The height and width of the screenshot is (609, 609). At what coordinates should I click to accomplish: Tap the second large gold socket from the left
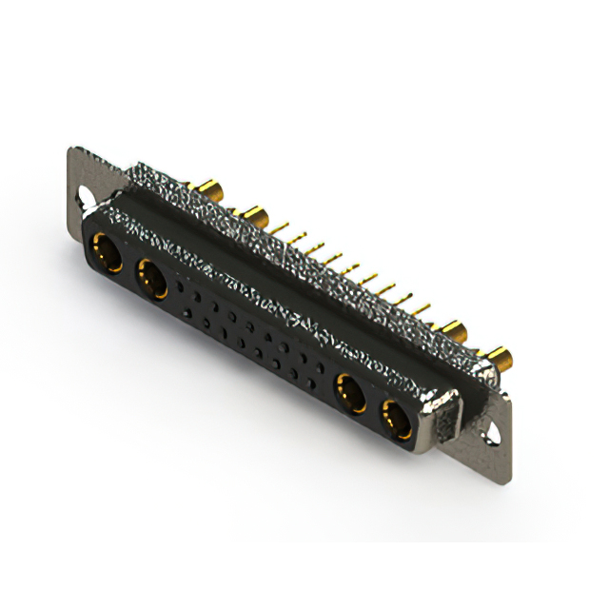click(x=151, y=279)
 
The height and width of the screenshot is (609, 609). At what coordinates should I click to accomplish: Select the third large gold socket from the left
click(x=349, y=392)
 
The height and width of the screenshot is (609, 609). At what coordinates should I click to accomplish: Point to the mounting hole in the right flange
click(x=492, y=433)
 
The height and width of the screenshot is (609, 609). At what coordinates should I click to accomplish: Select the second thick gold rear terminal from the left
click(x=253, y=212)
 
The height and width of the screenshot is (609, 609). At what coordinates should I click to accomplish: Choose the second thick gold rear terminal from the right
click(x=455, y=333)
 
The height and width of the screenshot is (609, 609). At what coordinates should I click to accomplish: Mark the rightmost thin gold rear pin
click(x=423, y=308)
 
